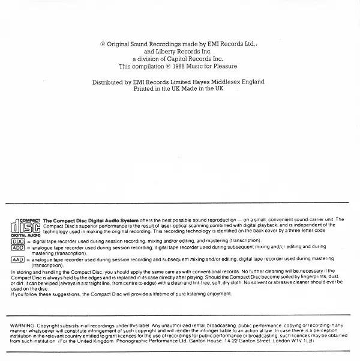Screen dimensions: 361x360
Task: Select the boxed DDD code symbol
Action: (17, 240)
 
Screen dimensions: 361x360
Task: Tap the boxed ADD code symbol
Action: (17, 247)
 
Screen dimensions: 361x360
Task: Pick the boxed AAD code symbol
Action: (17, 259)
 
